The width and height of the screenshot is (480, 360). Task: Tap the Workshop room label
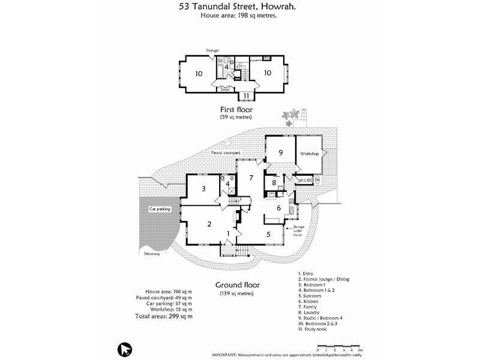coord(311,154)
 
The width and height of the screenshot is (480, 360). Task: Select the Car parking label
coord(160,209)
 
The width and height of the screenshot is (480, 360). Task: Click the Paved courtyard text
coord(225,154)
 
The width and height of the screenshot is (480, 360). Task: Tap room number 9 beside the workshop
coord(280,152)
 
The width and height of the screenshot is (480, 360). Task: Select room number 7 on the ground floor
coord(252,178)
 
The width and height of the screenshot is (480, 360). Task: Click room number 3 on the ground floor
coord(204,189)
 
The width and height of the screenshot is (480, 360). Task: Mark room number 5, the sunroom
coord(268,234)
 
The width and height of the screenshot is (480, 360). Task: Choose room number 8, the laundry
coord(274,182)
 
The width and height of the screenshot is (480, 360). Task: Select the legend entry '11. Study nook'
coord(316,329)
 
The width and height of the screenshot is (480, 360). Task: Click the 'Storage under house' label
coord(299,231)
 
